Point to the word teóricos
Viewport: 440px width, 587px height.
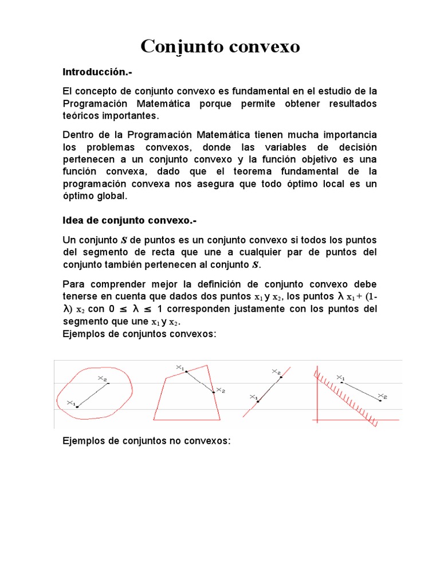[81, 115]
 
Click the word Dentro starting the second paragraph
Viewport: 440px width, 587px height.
[77, 135]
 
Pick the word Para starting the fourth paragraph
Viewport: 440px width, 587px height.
[73, 284]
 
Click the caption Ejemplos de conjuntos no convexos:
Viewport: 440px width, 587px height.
[146, 441]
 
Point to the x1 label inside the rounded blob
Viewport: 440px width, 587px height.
[71, 403]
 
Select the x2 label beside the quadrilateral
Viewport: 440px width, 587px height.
[220, 390]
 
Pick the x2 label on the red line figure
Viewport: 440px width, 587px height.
[276, 372]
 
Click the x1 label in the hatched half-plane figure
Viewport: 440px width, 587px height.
[340, 378]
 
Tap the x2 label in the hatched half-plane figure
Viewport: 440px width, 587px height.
[383, 396]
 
